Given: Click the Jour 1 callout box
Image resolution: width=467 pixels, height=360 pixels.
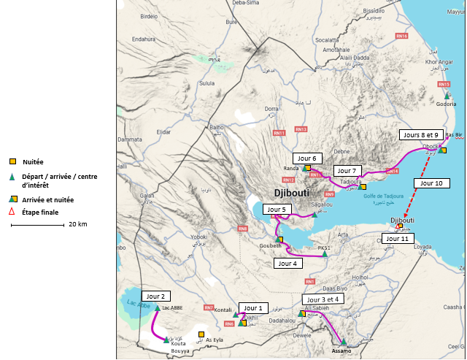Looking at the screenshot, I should tap(256, 307).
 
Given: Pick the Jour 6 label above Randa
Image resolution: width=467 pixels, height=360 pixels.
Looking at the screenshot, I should tap(307, 158).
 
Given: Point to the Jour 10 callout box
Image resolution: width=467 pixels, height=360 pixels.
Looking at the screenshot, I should tap(428, 183).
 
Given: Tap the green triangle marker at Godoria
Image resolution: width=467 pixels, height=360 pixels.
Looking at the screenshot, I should tap(447, 96).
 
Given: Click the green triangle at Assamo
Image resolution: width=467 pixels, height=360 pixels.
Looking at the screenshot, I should tap(343, 341).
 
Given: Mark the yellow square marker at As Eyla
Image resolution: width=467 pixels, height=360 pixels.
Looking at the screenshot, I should tap(201, 335).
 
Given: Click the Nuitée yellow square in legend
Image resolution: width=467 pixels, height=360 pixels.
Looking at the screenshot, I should tap(12, 161).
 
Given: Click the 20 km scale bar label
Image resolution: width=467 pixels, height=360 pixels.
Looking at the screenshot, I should tap(77, 224).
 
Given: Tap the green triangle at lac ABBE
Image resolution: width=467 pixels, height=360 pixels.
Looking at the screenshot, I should tap(157, 308).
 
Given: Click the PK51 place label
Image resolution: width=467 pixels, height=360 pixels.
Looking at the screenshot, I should tap(325, 248).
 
